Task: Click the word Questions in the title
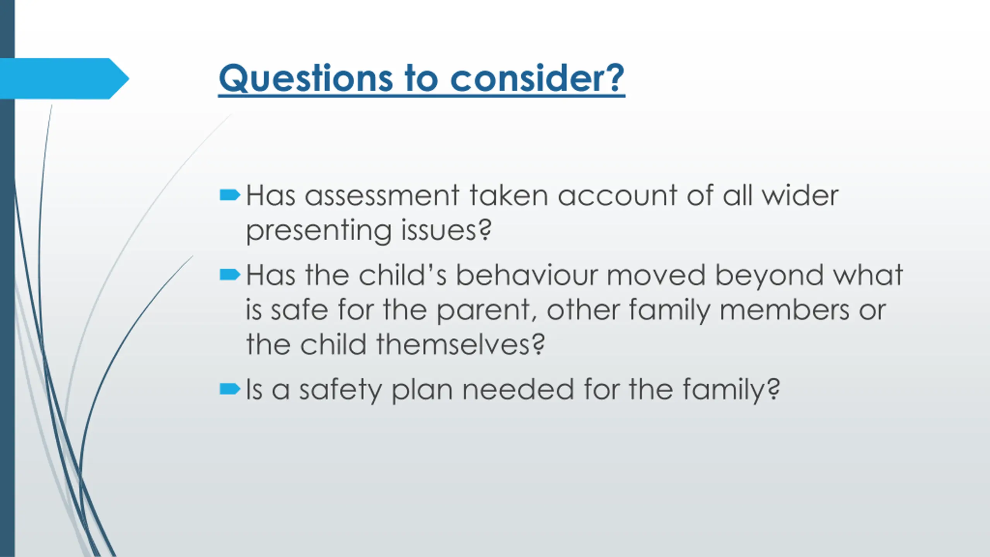(x=306, y=79)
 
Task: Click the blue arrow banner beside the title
(x=64, y=79)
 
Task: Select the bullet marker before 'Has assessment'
(x=230, y=195)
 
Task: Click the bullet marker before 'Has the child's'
(x=230, y=275)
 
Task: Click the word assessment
(x=382, y=196)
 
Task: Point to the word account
(x=617, y=196)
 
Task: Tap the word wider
(x=800, y=196)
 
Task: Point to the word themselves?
(x=461, y=344)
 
